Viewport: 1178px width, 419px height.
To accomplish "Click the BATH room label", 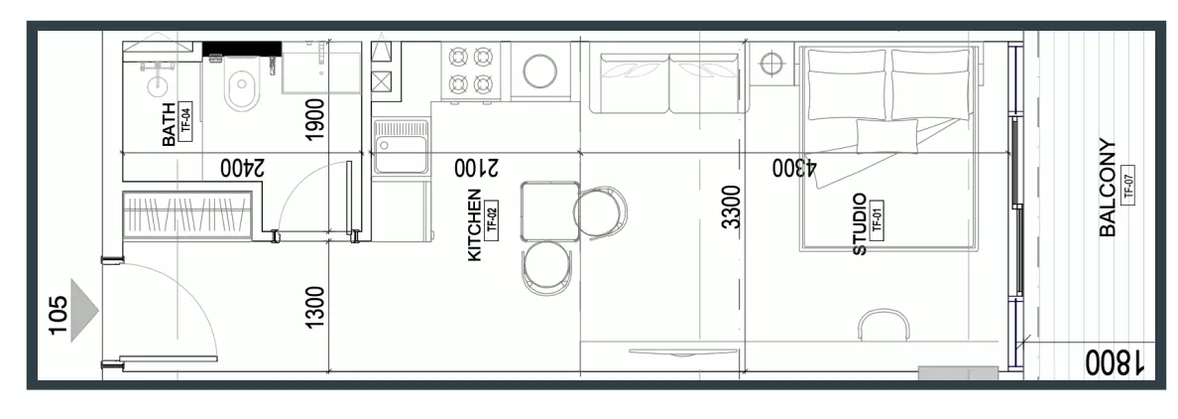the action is coord(169,124).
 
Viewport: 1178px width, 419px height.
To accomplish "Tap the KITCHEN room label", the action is coord(475,225).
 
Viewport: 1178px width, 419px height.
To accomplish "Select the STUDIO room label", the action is coord(860,224).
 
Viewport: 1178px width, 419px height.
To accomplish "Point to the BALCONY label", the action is coord(1108,188).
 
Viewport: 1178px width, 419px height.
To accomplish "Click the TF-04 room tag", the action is coord(186,121).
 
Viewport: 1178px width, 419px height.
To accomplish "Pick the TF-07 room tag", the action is coord(1126,184).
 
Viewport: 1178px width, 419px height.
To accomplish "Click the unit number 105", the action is coord(58,315).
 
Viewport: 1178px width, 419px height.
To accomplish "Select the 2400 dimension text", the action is coord(243,168).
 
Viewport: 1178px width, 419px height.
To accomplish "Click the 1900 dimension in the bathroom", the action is coord(315,119).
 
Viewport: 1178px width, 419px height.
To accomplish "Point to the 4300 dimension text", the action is coord(795,168).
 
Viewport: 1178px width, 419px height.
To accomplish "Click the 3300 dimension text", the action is coord(731,208).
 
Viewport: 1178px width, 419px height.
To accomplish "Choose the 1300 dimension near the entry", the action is coord(315,307).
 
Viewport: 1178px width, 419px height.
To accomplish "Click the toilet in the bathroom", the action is coord(242,87).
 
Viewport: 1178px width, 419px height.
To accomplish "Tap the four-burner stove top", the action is coord(470,70).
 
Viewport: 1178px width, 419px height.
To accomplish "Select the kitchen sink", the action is coord(402,147).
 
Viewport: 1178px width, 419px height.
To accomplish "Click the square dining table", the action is coord(550,211).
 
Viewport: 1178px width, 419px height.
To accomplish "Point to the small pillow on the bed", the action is coord(886,136).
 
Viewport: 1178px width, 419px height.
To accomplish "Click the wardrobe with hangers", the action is coord(187,215).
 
